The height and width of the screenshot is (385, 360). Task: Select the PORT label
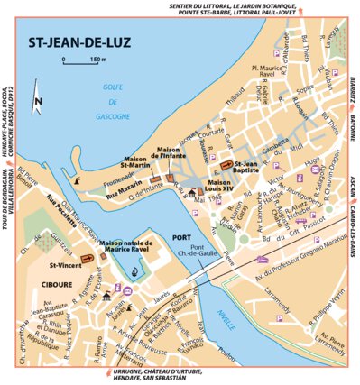[x=178, y=237]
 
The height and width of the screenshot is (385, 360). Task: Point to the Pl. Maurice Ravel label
[x=267, y=70]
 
